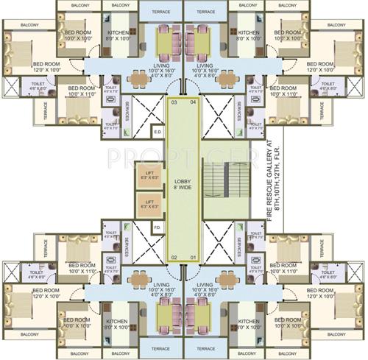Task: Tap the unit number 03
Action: pos(174,103)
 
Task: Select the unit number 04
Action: pos(193,103)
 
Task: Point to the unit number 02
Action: pos(174,257)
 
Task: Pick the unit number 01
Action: pos(194,257)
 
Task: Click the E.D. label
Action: pos(157,132)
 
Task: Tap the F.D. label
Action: pos(157,227)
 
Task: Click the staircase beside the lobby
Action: pos(219,181)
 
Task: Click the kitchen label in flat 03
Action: pos(119,36)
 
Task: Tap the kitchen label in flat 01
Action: pos(249,325)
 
